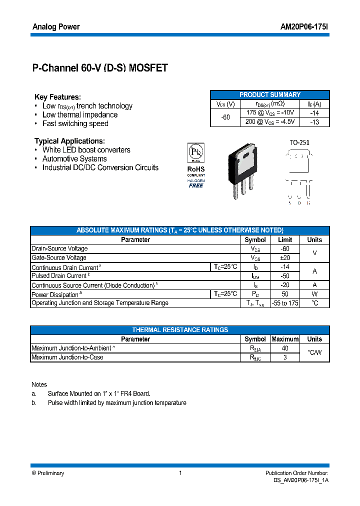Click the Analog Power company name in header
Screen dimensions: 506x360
(56, 26)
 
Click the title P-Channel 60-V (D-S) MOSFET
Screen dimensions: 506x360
(99, 68)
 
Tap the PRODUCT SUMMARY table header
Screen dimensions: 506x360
(269, 94)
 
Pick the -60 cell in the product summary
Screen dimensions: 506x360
(225, 117)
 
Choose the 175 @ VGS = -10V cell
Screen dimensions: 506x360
(269, 113)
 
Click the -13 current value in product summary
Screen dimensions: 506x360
(314, 121)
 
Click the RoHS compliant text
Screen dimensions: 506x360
(195, 171)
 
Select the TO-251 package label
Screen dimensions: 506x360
(299, 142)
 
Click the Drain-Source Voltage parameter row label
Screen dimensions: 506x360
(59, 248)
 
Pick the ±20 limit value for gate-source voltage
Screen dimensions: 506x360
(284, 257)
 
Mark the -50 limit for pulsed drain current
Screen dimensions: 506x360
(284, 276)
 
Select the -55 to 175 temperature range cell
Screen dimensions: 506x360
(284, 303)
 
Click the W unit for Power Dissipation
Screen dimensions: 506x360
(314, 294)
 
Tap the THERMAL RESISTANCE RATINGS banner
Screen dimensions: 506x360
(180, 330)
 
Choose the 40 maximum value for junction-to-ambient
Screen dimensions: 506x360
(284, 348)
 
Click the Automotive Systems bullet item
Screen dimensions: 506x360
(74, 159)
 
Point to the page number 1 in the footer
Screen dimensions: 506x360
(180, 473)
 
